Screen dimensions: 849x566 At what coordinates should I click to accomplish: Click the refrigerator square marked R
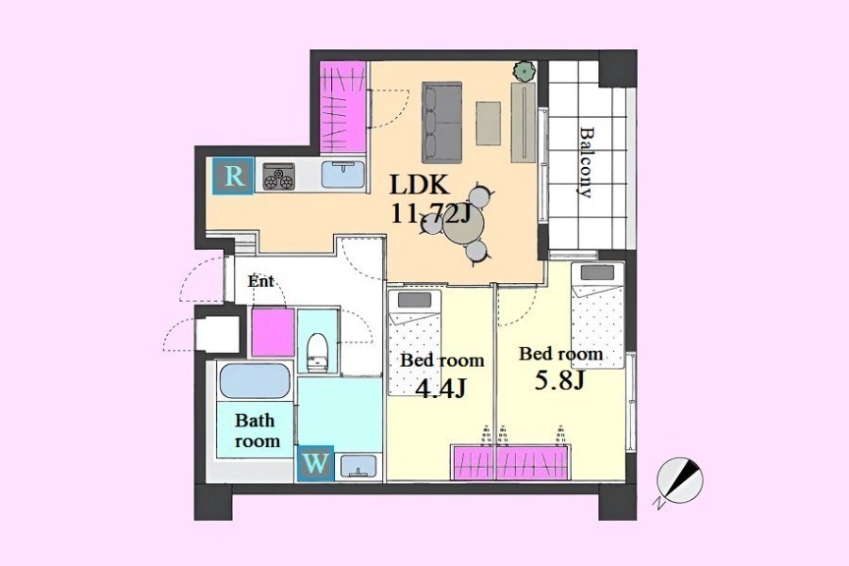click(x=233, y=175)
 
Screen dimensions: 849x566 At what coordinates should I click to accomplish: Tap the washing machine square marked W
click(x=315, y=463)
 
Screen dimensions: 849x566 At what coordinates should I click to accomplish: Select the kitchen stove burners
click(x=279, y=176)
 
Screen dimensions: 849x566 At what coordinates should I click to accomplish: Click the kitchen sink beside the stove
click(x=342, y=175)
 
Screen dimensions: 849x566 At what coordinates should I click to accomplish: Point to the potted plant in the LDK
click(x=524, y=71)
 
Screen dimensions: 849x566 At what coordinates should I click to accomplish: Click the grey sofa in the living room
click(x=441, y=122)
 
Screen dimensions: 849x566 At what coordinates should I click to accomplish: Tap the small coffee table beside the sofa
click(x=489, y=123)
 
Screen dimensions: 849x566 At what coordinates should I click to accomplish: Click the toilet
click(x=318, y=352)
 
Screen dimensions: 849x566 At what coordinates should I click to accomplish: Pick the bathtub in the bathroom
click(x=255, y=380)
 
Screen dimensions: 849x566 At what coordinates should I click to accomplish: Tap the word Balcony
click(x=587, y=162)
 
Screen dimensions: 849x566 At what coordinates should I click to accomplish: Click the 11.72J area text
click(x=429, y=215)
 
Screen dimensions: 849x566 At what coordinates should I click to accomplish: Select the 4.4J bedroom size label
click(x=442, y=389)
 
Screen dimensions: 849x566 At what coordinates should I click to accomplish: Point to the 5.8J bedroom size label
click(x=559, y=381)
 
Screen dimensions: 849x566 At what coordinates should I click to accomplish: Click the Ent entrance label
click(x=261, y=282)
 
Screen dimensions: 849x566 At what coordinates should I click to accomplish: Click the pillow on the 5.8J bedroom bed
click(x=598, y=272)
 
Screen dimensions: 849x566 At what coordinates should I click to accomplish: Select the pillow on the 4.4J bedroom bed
click(x=414, y=300)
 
